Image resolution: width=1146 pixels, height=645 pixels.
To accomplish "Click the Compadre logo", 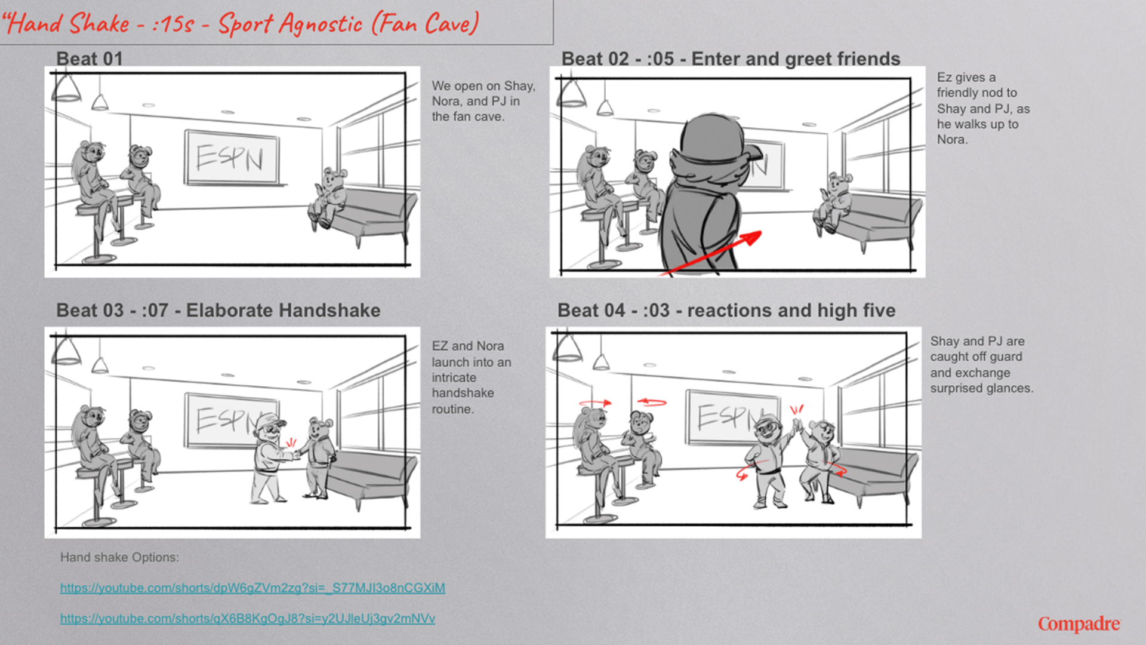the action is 1079,624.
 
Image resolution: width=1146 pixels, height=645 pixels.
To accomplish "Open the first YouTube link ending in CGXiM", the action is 252,588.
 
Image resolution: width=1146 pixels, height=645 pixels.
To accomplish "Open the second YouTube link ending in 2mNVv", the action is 247,619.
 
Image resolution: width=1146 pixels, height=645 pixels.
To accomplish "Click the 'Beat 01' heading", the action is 90,59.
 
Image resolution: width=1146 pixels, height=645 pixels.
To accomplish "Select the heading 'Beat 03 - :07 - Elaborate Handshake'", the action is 218,311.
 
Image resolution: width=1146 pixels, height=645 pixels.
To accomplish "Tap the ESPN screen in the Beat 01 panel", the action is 231,158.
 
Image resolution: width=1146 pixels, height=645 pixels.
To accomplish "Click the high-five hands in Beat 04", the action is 797,426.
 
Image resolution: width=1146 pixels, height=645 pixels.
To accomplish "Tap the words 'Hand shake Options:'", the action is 119,557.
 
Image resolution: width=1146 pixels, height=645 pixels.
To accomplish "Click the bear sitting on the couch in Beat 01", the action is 327,198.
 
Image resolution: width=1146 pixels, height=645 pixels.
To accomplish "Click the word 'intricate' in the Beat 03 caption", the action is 454,377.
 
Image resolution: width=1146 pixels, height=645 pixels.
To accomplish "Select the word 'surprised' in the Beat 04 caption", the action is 956,388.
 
